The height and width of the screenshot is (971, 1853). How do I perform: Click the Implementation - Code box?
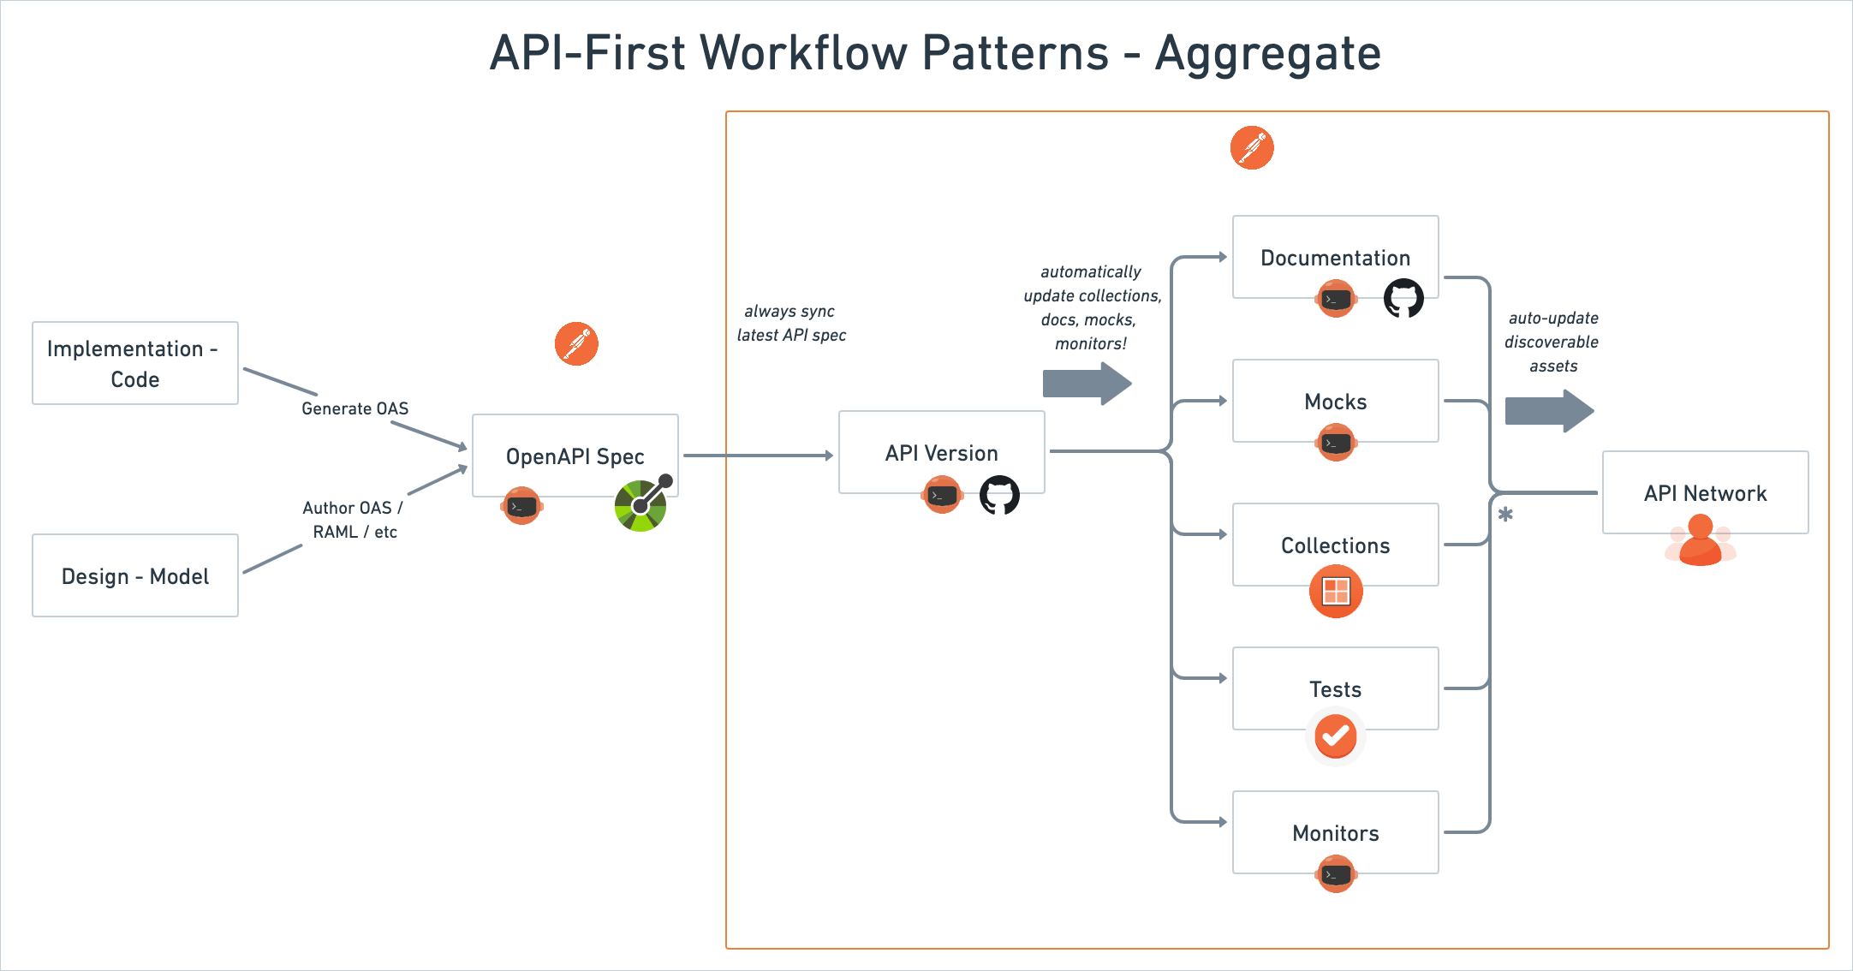click(134, 363)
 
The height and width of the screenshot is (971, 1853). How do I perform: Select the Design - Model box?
click(134, 575)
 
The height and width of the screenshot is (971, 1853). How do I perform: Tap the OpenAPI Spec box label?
click(575, 456)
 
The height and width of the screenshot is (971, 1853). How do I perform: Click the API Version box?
click(941, 452)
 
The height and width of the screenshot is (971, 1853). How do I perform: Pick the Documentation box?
click(1335, 257)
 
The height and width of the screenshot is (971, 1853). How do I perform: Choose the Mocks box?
click(1335, 401)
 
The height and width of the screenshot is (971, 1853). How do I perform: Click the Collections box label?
click(1335, 545)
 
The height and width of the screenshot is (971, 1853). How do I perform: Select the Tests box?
click(1335, 688)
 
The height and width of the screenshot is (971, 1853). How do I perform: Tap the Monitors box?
click(1335, 832)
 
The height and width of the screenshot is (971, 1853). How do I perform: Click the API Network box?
click(1705, 492)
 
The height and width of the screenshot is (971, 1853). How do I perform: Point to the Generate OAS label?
click(355, 408)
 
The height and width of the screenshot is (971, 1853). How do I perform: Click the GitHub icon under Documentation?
click(1403, 299)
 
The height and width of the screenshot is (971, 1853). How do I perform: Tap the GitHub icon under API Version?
click(999, 495)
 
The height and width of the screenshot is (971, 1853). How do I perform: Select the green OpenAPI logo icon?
click(641, 504)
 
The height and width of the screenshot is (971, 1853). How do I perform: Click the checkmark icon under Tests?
click(1335, 736)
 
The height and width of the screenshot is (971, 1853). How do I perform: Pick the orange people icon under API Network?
click(1701, 541)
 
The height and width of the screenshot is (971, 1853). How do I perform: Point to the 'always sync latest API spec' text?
click(791, 323)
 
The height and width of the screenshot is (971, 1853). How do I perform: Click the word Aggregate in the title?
click(1267, 53)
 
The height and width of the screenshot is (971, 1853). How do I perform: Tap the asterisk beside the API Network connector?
click(1505, 515)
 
